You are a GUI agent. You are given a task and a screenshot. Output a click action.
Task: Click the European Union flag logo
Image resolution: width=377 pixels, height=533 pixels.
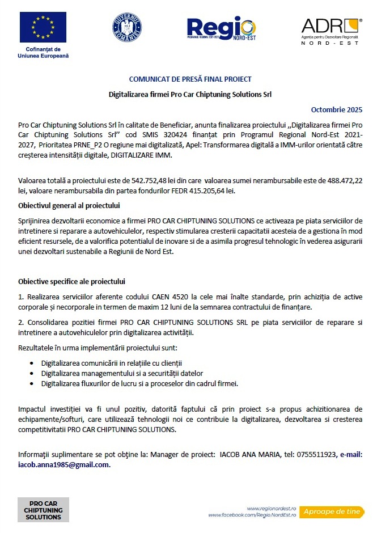(x=43, y=28)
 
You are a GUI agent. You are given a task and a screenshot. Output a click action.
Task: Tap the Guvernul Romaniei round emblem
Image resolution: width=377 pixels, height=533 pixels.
(x=127, y=28)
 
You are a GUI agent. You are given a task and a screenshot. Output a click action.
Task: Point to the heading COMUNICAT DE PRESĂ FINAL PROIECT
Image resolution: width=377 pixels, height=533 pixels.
(x=190, y=79)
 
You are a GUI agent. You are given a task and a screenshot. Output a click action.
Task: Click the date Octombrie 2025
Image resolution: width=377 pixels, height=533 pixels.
(x=337, y=109)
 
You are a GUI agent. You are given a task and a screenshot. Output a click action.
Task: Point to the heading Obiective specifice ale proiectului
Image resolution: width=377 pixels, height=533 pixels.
(x=71, y=281)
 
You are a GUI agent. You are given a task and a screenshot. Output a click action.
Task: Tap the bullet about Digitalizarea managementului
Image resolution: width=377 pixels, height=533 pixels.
(x=122, y=373)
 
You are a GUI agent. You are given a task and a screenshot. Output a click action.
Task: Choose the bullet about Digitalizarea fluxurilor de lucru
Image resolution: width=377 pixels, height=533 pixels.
(x=139, y=383)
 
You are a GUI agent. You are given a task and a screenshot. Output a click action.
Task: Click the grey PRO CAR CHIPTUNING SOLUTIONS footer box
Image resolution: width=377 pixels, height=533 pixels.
(x=43, y=510)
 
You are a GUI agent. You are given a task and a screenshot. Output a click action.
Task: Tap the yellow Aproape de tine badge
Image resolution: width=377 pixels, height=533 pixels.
(x=331, y=511)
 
